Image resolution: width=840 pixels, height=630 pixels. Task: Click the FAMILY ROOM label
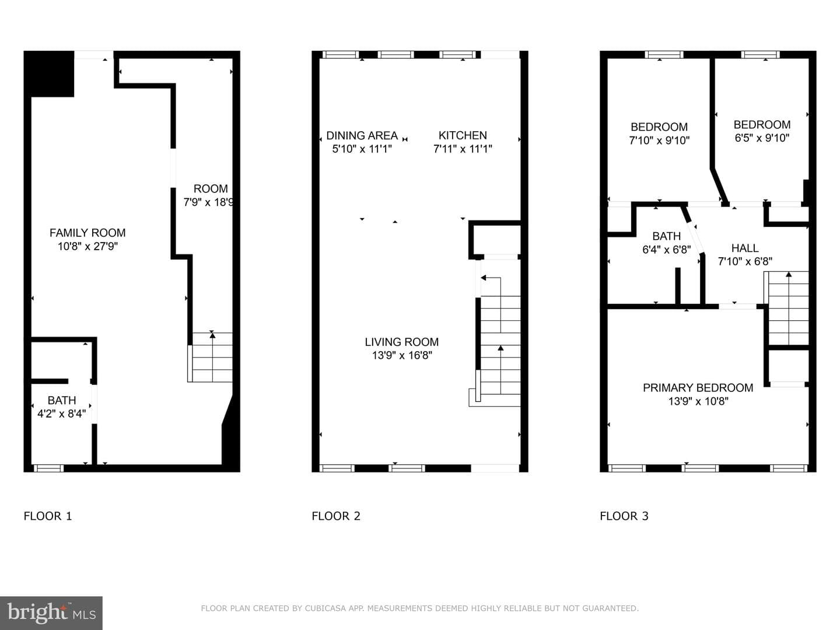pos(87,233)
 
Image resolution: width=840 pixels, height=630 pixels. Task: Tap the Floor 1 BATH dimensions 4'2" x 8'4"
pos(62,414)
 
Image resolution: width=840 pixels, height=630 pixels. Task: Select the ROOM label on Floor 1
pos(211,188)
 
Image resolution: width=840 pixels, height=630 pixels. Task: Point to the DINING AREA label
pos(362,135)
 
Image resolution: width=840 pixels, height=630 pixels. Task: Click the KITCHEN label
pos(463,135)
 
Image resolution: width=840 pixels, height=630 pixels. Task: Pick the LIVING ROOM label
pos(402,342)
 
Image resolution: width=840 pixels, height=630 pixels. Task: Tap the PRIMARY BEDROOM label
pos(698,388)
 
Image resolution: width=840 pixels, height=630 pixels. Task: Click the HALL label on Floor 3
pos(745,249)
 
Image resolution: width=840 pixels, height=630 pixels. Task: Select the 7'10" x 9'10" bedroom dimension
pos(659,141)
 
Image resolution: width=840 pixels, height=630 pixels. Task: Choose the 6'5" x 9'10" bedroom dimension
pos(762,138)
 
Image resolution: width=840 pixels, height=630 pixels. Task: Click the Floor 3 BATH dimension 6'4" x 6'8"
pos(667,250)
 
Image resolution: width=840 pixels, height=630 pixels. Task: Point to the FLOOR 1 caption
pos(48,516)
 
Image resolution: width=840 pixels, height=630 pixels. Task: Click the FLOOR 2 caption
pos(336,516)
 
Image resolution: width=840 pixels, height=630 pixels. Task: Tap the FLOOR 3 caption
pos(624,516)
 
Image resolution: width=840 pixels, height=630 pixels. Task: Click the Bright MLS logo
pos(51,613)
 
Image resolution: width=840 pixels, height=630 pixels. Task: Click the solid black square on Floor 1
pos(49,74)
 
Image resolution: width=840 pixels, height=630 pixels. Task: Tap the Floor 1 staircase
pos(210,357)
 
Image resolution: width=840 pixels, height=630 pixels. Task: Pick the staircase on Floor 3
pos(786,309)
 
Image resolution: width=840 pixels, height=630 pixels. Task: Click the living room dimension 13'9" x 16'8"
pos(402,355)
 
